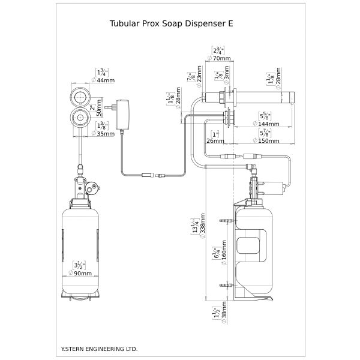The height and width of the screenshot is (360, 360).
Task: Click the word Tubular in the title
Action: [x=126, y=25]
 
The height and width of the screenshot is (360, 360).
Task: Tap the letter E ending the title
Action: [x=230, y=25]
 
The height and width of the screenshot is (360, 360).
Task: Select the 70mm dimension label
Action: [x=221, y=59]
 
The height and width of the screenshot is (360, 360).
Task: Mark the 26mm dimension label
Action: [x=214, y=141]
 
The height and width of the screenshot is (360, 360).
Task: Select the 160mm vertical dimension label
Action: [x=223, y=254]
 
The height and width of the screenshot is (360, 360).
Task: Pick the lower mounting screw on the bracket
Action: [x=226, y=283]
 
